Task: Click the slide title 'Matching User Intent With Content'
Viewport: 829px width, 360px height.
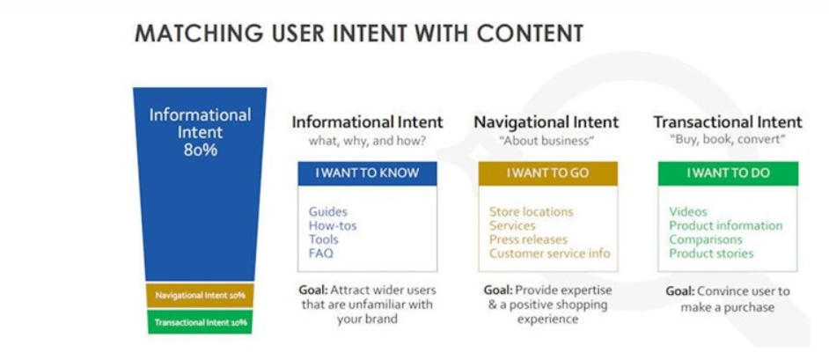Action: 359,33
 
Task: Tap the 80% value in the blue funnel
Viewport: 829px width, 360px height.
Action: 201,150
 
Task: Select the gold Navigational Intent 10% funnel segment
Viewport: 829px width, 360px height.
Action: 201,296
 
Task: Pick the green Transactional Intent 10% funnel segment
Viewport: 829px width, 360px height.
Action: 201,322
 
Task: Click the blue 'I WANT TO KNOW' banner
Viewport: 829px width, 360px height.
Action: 367,173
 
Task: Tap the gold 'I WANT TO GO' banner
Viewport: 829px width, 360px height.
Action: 547,173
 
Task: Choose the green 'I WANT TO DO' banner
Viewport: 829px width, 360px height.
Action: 728,173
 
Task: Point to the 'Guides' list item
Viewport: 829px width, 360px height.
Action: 328,212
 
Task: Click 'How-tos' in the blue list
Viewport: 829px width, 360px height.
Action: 333,225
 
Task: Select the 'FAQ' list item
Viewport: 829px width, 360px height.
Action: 321,253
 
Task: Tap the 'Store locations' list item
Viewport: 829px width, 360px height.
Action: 531,212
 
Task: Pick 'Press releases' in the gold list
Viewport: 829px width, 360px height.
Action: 528,239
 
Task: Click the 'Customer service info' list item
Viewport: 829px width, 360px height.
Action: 549,253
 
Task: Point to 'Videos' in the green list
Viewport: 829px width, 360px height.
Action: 688,212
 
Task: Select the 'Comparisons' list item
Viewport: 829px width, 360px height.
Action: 705,239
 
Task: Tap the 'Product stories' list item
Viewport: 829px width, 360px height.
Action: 711,253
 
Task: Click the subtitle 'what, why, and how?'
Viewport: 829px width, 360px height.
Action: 368,141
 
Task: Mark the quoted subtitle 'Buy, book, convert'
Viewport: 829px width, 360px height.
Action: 728,141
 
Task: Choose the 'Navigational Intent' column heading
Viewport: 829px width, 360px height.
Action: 547,122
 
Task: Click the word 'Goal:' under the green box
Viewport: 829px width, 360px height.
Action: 680,291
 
